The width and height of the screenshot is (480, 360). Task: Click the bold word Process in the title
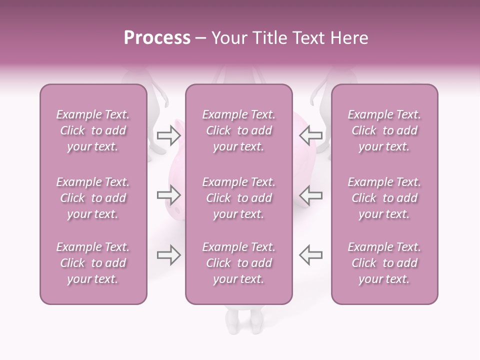(x=157, y=38)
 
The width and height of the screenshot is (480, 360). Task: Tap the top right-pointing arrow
(x=168, y=135)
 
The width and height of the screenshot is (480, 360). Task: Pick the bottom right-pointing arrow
(x=168, y=255)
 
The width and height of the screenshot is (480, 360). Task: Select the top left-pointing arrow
(x=310, y=135)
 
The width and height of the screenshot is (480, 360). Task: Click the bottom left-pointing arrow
(x=310, y=255)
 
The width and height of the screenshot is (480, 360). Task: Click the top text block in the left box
(x=93, y=130)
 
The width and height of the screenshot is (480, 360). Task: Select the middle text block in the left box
(x=93, y=198)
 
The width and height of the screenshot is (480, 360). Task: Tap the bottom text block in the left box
(x=93, y=263)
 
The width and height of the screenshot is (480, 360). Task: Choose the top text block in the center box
(x=238, y=130)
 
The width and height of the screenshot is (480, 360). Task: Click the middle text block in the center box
(x=238, y=198)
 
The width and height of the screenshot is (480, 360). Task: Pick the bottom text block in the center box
(x=238, y=263)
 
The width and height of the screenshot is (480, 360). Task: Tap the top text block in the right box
(x=384, y=130)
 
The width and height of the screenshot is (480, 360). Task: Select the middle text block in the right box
(x=384, y=198)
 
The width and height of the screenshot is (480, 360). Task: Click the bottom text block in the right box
(x=384, y=263)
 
